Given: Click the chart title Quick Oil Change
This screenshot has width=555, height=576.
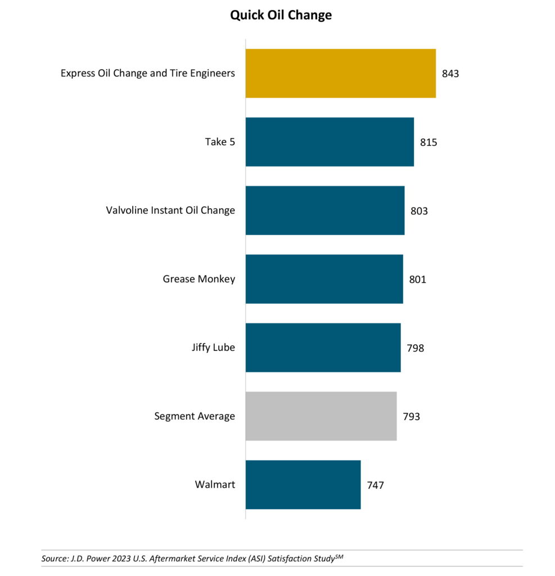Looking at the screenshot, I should click(281, 15).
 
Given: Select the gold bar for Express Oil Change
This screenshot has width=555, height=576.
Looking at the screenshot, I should click(340, 73).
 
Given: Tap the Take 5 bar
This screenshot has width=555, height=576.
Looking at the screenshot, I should click(330, 142).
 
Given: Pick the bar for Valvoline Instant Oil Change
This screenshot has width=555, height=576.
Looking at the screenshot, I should click(324, 210).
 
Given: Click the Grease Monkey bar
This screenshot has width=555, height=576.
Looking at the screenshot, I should click(324, 279).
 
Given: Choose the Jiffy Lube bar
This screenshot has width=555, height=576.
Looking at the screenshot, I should click(323, 348).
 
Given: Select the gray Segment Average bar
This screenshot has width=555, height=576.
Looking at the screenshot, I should click(321, 416).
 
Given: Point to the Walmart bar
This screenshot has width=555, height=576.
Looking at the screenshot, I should click(303, 485).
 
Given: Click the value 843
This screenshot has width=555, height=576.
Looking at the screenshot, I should click(450, 74).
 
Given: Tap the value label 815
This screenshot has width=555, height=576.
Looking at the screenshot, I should click(428, 142).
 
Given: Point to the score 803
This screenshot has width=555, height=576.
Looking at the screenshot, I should click(419, 211).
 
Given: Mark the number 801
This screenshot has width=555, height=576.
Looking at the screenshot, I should click(418, 280).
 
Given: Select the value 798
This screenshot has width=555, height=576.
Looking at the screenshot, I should click(416, 348).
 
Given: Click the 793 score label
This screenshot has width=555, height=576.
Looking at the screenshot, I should click(411, 417).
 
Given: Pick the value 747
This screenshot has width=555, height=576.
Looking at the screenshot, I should click(375, 485).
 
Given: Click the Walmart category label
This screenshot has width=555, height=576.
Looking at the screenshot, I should click(215, 484).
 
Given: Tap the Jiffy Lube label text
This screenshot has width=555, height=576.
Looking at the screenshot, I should click(213, 348).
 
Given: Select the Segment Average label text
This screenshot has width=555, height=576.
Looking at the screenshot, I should click(195, 416).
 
